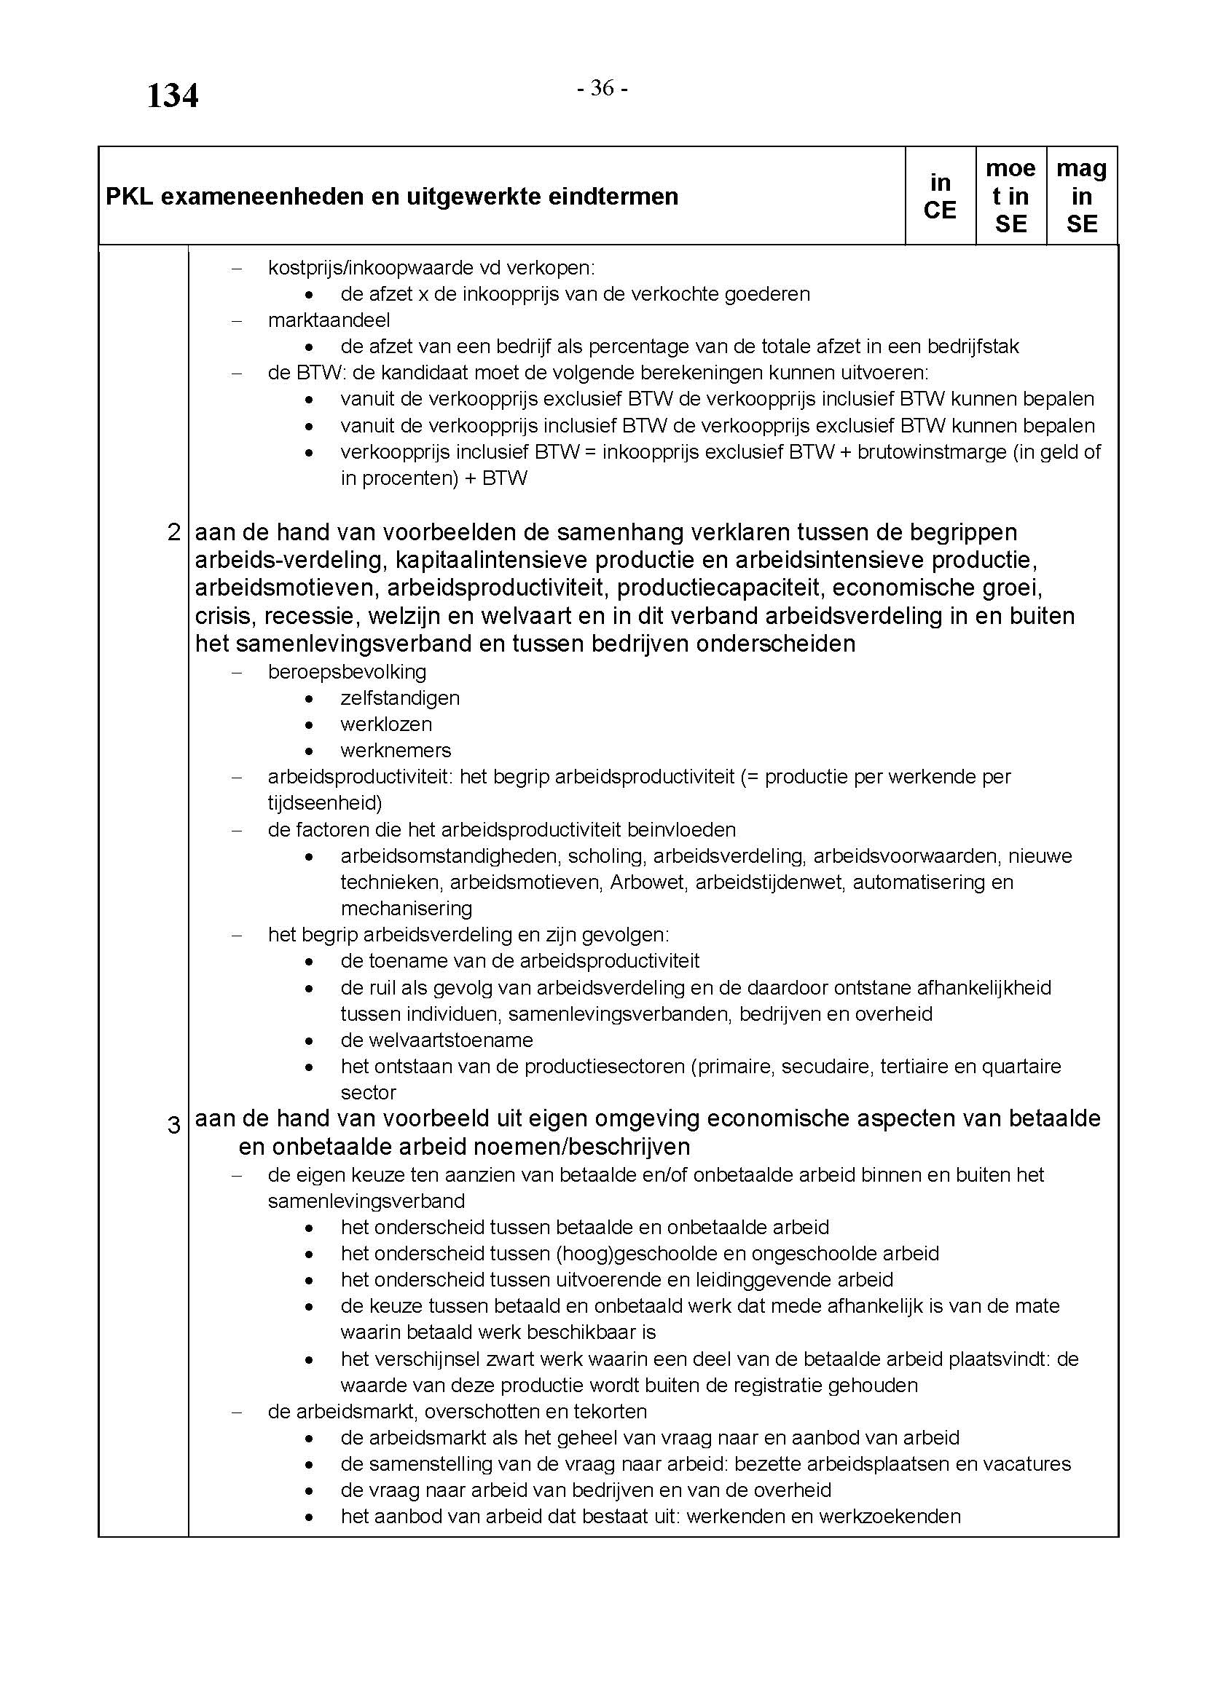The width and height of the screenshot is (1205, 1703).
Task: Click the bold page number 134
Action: pyautogui.click(x=172, y=95)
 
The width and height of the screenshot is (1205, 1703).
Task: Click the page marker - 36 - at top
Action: pyautogui.click(x=602, y=88)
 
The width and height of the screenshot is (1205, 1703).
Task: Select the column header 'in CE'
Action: pyautogui.click(x=939, y=196)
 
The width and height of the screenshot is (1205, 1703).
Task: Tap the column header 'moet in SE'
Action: pyautogui.click(x=1010, y=196)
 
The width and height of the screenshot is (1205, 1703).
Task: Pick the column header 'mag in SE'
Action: pyautogui.click(x=1081, y=196)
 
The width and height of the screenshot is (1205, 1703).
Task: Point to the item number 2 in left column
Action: pyautogui.click(x=174, y=532)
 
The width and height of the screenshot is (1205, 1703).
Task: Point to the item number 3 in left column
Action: pyautogui.click(x=174, y=1125)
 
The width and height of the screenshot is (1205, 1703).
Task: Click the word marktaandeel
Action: pyautogui.click(x=329, y=320)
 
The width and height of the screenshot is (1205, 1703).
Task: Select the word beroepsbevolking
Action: pyautogui.click(x=347, y=671)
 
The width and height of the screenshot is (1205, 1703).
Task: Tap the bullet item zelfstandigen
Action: pyautogui.click(x=400, y=698)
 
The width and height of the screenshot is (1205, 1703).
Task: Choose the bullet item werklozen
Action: pyautogui.click(x=386, y=724)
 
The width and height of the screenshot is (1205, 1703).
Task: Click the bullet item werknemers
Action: pyautogui.click(x=396, y=750)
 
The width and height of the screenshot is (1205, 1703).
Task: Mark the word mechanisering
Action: pyautogui.click(x=406, y=908)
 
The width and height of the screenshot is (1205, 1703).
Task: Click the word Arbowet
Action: pyautogui.click(x=647, y=882)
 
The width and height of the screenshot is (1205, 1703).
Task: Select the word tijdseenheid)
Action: pyautogui.click(x=324, y=802)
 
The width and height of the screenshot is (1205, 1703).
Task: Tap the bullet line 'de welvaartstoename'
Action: pyautogui.click(x=436, y=1040)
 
